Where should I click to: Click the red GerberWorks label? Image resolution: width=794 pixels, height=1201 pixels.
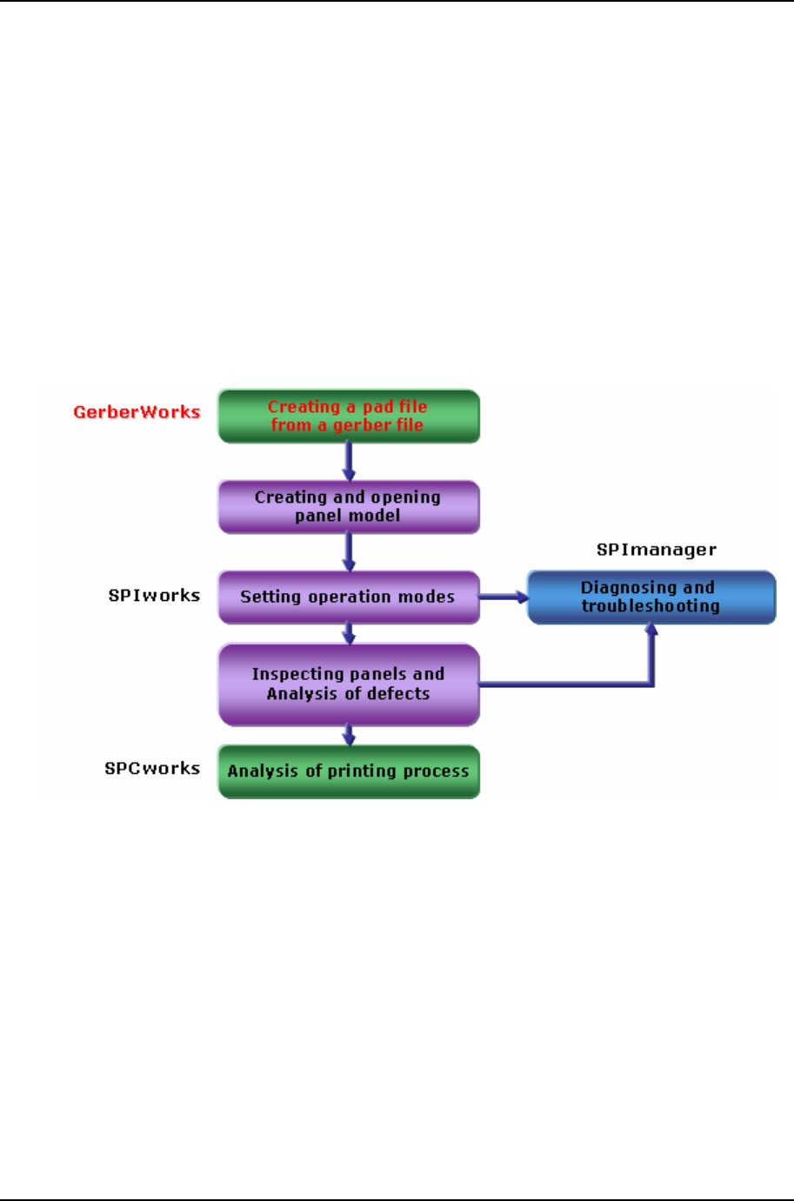click(x=137, y=412)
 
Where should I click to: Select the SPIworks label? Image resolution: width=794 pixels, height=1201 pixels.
click(x=154, y=596)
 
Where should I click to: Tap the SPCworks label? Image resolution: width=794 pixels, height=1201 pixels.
click(x=152, y=769)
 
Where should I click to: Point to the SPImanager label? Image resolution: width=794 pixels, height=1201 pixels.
click(x=657, y=550)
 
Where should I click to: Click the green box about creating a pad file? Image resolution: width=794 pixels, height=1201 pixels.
click(x=349, y=417)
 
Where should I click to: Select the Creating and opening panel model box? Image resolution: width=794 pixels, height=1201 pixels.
click(x=349, y=507)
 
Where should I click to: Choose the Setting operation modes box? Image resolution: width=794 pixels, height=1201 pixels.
click(x=349, y=597)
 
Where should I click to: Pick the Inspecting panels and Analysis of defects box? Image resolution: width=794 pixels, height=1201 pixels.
click(x=349, y=684)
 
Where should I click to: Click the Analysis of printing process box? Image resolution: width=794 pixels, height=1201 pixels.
click(x=349, y=771)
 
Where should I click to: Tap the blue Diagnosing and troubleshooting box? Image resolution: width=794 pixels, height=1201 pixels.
click(x=651, y=597)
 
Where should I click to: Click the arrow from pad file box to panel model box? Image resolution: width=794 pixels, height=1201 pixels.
click(x=349, y=462)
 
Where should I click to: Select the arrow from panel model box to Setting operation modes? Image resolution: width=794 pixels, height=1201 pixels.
click(x=349, y=552)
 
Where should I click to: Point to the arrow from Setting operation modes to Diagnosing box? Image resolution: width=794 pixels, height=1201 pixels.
click(x=504, y=597)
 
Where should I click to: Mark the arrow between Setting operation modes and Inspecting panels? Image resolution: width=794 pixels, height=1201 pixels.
click(x=349, y=634)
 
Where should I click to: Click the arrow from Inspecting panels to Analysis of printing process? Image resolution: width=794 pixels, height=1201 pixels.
click(x=349, y=736)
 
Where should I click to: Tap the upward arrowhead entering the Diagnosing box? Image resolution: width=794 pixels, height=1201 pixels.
click(x=651, y=630)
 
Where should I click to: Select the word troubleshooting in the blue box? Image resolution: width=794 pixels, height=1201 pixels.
click(x=651, y=607)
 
